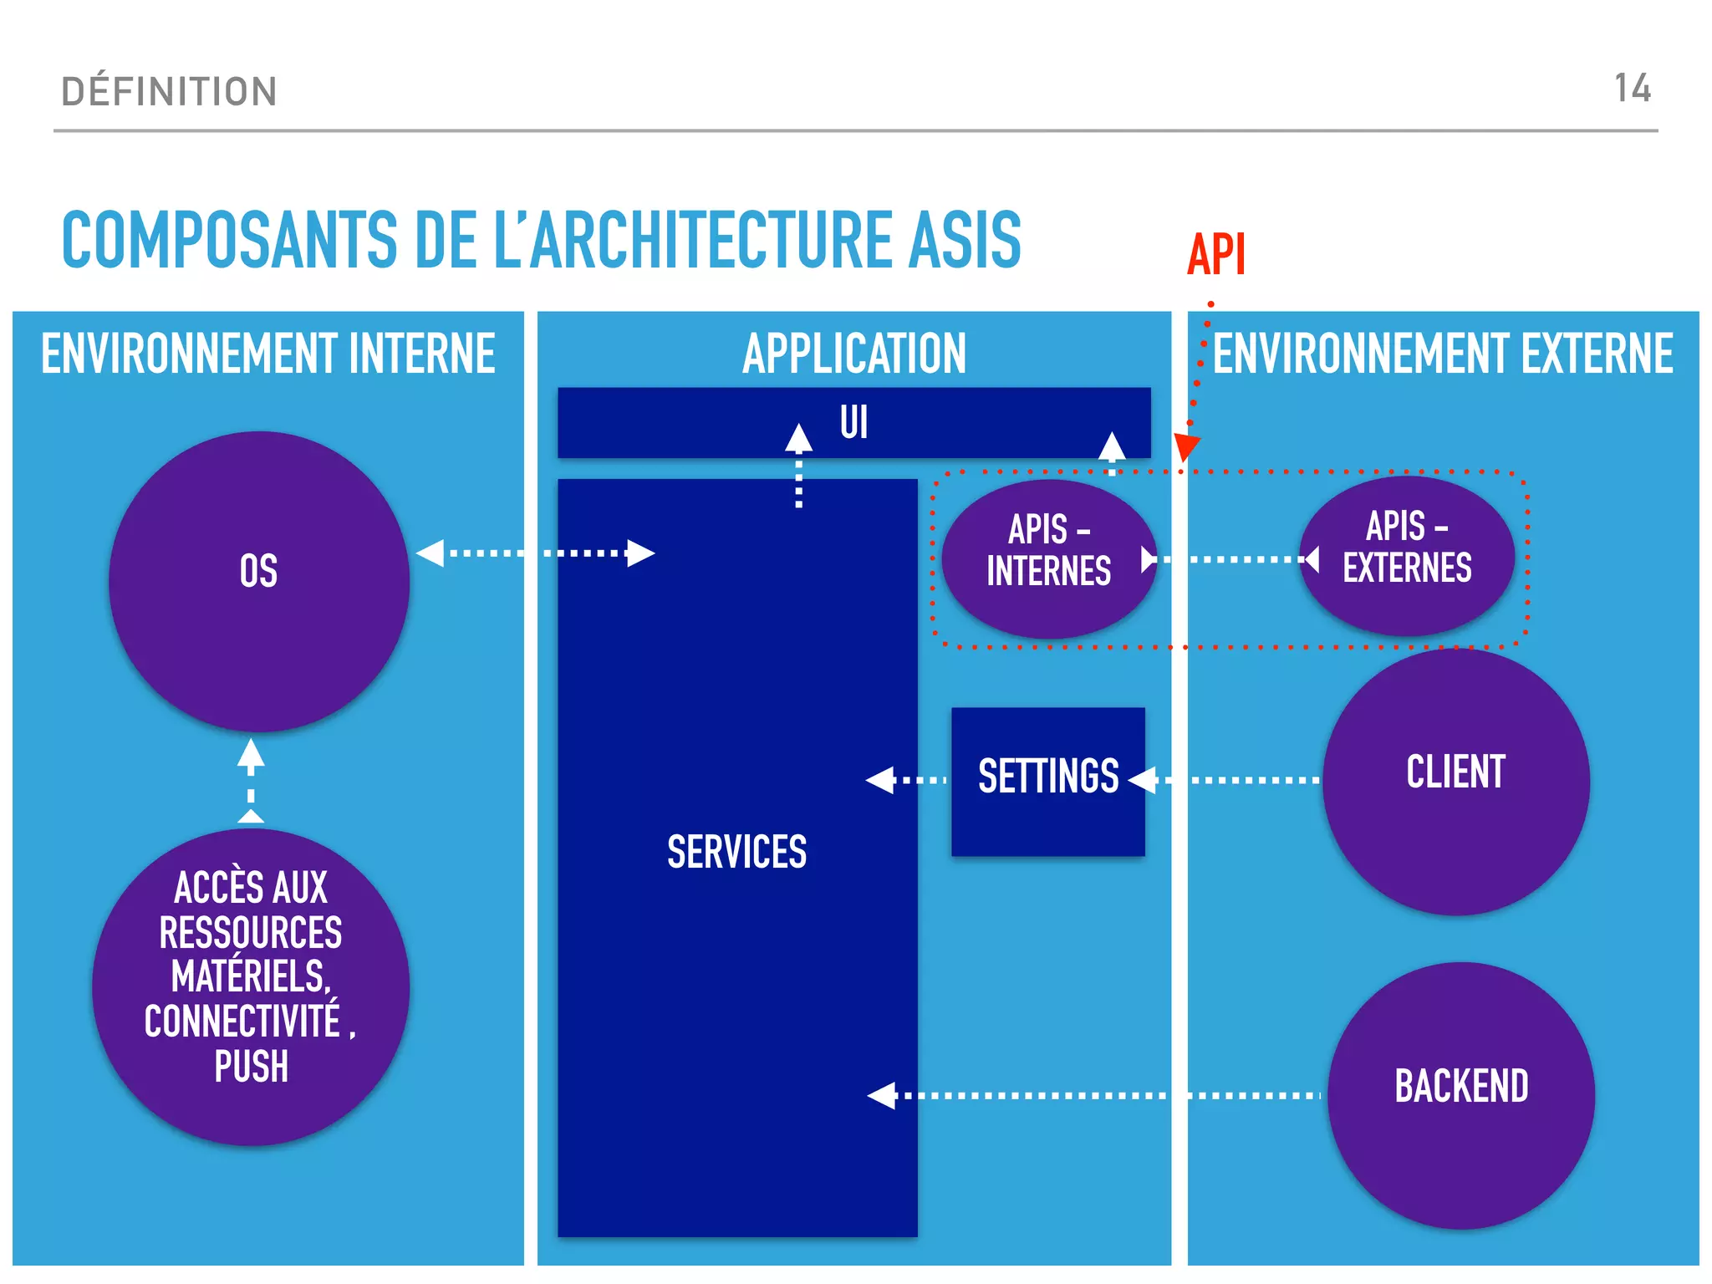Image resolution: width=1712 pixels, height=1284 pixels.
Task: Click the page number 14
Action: click(x=1632, y=89)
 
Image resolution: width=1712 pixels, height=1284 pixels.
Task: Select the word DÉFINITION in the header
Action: click(x=169, y=91)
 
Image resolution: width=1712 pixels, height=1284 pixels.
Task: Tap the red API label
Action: click(x=1216, y=254)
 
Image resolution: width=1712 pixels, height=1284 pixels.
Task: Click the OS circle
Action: click(x=258, y=582)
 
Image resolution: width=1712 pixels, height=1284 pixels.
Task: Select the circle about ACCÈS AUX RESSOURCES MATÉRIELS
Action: click(x=251, y=986)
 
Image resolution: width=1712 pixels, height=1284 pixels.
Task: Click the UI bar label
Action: click(x=853, y=422)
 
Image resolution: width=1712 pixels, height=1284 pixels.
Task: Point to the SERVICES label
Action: click(x=736, y=853)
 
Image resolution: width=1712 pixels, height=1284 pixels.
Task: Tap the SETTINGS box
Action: click(x=1047, y=781)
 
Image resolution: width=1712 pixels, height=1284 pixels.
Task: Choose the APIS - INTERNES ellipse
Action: click(x=1048, y=558)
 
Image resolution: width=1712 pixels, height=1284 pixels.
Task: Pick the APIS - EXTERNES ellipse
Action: click(x=1407, y=555)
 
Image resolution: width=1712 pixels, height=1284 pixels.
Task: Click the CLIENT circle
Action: click(x=1455, y=781)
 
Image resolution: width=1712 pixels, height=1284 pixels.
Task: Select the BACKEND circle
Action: click(x=1460, y=1094)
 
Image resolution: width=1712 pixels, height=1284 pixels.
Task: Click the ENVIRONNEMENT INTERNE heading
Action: click(x=268, y=354)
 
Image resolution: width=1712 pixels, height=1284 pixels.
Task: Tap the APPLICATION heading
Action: click(x=853, y=354)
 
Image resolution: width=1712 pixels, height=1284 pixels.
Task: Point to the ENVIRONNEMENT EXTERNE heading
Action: click(x=1443, y=354)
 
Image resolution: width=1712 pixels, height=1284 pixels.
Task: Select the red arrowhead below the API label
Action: click(x=1186, y=446)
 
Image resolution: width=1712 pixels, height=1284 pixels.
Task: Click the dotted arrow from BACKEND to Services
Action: click(x=1087, y=1095)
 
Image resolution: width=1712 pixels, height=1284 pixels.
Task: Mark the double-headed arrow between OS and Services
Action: click(x=535, y=553)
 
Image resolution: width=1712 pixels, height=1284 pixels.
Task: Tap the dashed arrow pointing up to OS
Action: click(x=251, y=779)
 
